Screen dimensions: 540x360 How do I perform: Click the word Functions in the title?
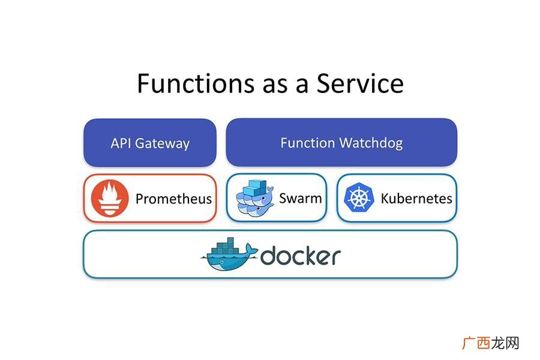coord(195,83)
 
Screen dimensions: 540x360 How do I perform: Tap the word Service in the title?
coord(360,83)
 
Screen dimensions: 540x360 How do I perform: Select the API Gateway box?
coord(150,143)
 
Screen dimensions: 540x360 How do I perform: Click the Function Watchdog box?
coord(341,142)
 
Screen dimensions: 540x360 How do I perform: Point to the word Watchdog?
coord(371,143)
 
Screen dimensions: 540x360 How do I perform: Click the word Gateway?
coord(162,143)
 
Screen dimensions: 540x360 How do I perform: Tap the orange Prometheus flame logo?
coord(110,198)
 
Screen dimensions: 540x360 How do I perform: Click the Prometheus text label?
coord(173,199)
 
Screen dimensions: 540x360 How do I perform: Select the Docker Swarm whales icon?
coord(254,198)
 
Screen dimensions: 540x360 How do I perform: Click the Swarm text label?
coord(301,199)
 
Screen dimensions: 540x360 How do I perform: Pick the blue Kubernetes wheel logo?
coord(359,197)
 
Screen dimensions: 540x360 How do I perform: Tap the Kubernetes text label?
coord(416,199)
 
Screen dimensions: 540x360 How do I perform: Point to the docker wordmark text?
coord(301,256)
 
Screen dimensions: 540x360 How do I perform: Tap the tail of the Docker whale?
coord(251,250)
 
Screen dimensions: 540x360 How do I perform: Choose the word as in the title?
coord(275,86)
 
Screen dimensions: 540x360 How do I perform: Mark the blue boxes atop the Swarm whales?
coord(254,188)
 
